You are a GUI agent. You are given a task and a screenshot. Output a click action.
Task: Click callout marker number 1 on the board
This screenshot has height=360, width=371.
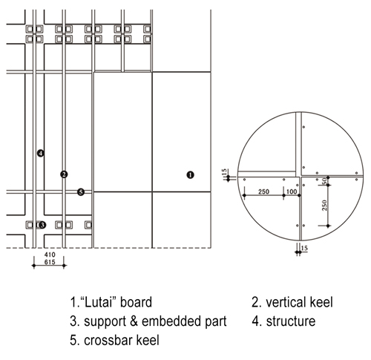coord(190,175)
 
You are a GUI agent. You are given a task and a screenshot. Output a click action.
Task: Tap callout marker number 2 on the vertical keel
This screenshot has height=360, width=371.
coord(64,174)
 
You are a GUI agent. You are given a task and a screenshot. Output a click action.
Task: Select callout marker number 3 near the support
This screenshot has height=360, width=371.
coord(42,225)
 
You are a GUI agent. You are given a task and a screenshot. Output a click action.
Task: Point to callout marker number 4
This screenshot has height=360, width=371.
coord(41,154)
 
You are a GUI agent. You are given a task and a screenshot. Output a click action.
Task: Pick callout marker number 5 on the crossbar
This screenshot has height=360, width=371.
coord(81,192)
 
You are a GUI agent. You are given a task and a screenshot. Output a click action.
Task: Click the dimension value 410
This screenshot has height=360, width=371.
coord(50,255)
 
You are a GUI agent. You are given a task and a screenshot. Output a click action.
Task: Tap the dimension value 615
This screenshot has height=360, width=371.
coord(50,262)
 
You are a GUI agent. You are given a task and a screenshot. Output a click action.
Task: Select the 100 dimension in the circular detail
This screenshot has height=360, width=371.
coord(292,192)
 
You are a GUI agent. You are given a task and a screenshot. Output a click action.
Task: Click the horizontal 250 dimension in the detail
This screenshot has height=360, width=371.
coord(263,192)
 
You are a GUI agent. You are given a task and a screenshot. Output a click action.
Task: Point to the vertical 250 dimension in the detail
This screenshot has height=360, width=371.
coord(324,206)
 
